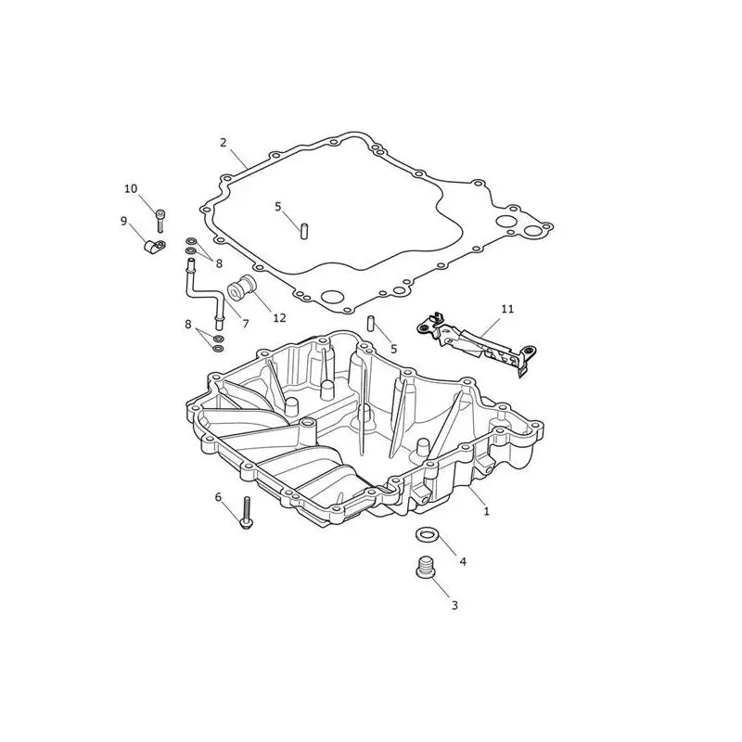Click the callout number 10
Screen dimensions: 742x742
click(131, 189)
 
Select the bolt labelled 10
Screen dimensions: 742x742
click(160, 221)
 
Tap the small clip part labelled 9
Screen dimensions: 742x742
click(154, 247)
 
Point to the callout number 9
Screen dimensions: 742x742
click(123, 221)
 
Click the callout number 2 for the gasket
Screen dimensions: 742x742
click(224, 143)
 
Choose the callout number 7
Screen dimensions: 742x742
click(246, 324)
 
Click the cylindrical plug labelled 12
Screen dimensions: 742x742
click(241, 288)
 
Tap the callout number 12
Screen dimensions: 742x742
click(280, 318)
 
